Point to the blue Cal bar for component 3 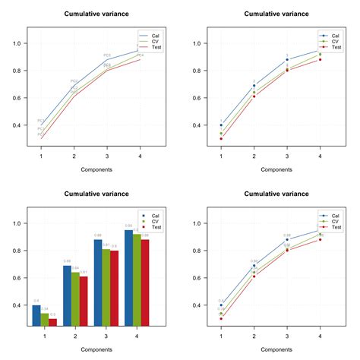tap(98, 282)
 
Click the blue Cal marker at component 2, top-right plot tap(254, 85)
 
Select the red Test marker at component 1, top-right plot tap(221, 139)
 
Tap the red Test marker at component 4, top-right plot tap(320, 59)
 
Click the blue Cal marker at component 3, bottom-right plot tap(287, 240)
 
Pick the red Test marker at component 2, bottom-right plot tap(254, 276)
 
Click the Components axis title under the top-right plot tap(270, 169)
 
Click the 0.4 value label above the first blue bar tap(36, 302)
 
